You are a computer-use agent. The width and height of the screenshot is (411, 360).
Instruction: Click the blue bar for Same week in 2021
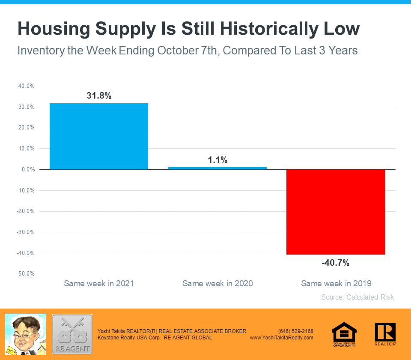click(x=99, y=136)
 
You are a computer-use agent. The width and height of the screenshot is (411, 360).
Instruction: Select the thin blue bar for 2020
click(x=217, y=168)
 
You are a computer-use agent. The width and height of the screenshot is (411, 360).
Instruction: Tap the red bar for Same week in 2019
click(x=336, y=212)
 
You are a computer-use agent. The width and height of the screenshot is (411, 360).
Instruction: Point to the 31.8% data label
click(x=99, y=96)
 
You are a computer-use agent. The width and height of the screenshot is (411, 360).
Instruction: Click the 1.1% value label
click(x=217, y=160)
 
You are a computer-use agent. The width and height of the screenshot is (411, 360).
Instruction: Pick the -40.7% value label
click(x=336, y=263)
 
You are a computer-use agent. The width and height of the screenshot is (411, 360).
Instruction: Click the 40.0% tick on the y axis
click(x=27, y=86)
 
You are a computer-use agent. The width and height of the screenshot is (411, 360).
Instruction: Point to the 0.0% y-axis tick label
click(x=28, y=169)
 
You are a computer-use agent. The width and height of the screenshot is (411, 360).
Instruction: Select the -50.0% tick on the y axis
click(x=26, y=274)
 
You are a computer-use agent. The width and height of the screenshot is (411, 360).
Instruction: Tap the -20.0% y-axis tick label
click(x=26, y=211)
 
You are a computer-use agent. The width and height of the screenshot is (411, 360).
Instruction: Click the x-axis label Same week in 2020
click(x=217, y=284)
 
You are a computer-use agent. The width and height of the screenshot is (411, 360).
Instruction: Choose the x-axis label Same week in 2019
click(x=336, y=284)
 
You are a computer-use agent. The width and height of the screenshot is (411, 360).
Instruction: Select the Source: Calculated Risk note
click(x=357, y=297)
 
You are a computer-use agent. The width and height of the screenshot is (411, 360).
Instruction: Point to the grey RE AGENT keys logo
click(x=72, y=334)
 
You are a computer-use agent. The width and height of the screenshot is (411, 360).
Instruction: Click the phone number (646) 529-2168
click(x=295, y=331)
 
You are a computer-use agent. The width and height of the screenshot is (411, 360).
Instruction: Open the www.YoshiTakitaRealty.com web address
click(x=282, y=338)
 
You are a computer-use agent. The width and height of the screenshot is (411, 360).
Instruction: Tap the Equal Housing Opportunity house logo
click(x=344, y=334)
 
